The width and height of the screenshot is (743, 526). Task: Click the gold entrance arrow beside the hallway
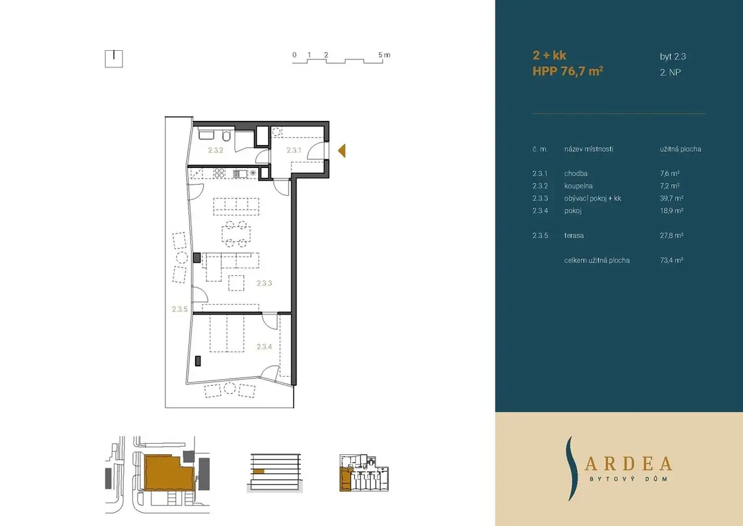coord(342,151)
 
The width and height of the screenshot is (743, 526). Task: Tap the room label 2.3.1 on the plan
coord(294,151)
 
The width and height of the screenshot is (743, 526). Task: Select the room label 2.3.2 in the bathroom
coord(215,151)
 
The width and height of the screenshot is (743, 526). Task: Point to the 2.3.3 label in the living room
coord(264,283)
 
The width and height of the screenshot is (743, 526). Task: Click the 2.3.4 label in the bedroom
coord(264,347)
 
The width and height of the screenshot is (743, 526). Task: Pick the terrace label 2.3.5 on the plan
coord(180,309)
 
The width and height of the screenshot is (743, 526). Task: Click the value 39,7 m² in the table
coord(672,198)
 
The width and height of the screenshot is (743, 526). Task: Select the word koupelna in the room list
coord(578,186)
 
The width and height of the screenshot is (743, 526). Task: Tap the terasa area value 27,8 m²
coord(672,235)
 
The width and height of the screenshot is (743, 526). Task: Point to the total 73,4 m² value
coord(672,260)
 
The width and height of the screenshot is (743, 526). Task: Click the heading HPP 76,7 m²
coord(568,71)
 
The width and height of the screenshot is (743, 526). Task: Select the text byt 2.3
coord(673,57)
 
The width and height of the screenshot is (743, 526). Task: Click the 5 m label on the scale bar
coord(385,55)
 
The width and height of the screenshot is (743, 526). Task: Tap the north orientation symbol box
coord(114,59)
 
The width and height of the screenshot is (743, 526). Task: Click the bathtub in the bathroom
coord(206,134)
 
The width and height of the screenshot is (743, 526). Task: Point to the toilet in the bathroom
coord(227,136)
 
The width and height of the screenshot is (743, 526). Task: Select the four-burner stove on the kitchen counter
coord(219,173)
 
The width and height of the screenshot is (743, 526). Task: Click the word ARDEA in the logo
coord(628,464)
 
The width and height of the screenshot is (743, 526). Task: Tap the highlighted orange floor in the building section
coord(259,471)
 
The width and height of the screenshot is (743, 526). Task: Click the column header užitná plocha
coord(680,149)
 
